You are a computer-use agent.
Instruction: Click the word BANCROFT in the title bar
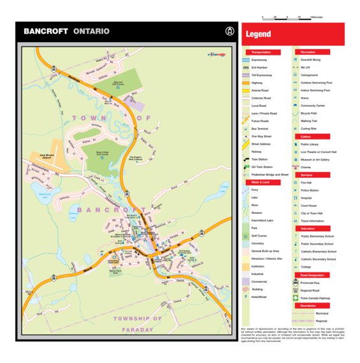(x=45, y=31)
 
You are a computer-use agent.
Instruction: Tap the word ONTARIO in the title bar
(x=91, y=31)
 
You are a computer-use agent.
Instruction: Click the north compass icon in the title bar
(x=229, y=31)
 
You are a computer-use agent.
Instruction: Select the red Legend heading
(x=259, y=34)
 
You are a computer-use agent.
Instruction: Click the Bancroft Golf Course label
(x=117, y=83)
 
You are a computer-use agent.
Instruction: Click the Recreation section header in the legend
(x=309, y=52)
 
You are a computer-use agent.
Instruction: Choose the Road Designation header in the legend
(x=312, y=275)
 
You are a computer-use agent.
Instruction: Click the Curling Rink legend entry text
(x=310, y=129)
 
